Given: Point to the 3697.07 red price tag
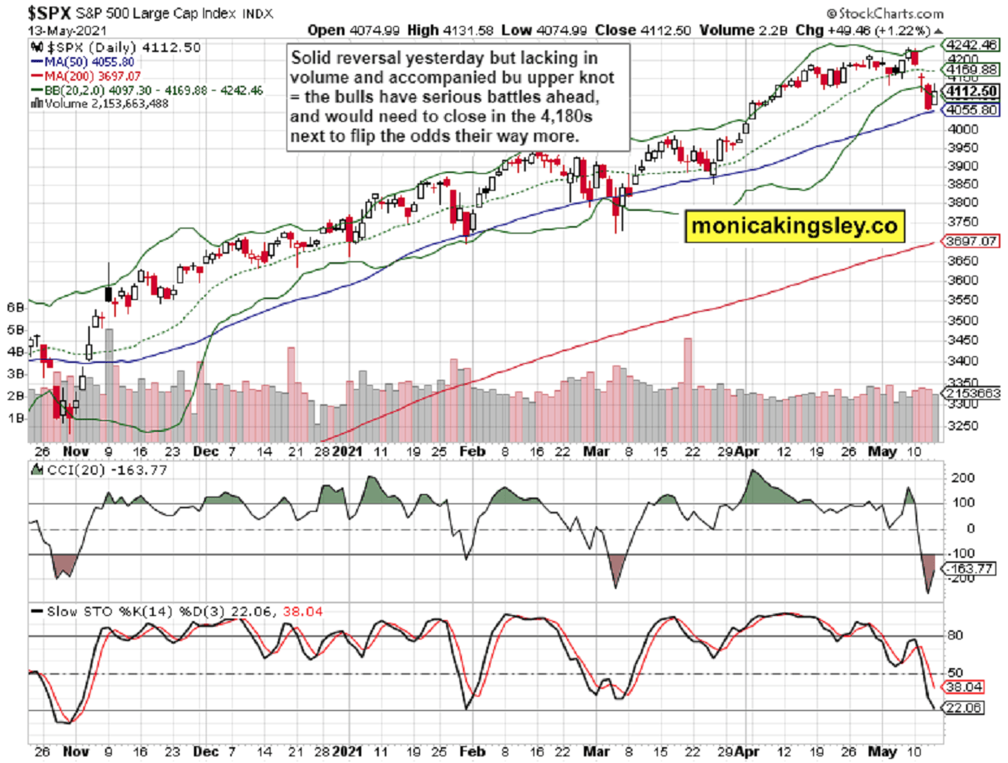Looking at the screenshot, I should click(x=971, y=241).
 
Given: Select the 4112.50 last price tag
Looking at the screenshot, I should click(x=971, y=92).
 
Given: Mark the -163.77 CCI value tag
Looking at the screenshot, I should click(x=971, y=570).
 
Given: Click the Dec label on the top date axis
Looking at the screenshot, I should click(x=206, y=451).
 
